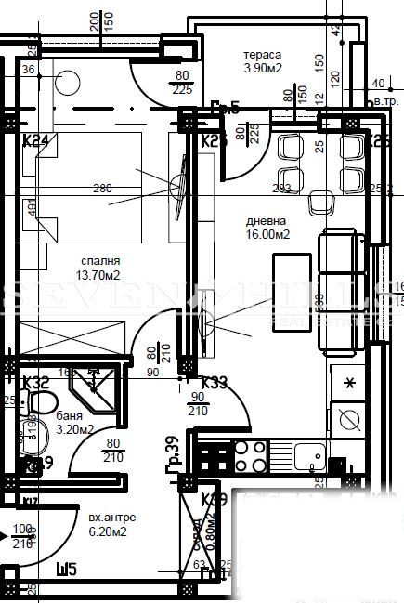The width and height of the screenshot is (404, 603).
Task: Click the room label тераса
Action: (257, 55)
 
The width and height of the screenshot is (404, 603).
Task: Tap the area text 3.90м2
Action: (263, 68)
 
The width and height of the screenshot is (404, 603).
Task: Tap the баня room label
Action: (67, 415)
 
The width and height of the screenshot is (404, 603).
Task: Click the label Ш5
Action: (66, 569)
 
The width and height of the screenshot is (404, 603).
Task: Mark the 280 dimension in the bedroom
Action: (102, 189)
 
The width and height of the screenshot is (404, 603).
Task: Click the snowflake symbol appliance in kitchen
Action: (349, 383)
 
